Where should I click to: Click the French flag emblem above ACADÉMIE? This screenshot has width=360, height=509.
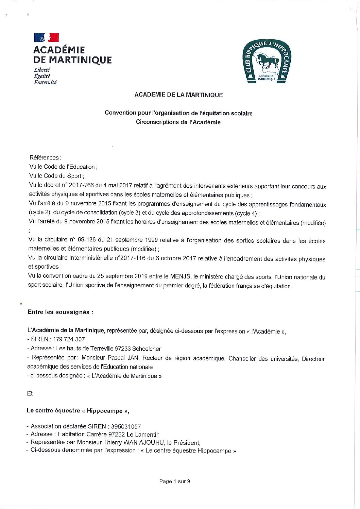pyautogui.click(x=46, y=37)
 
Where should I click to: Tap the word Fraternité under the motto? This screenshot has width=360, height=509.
pyautogui.click(x=45, y=82)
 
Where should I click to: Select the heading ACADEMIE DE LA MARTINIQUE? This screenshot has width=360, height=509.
pyautogui.click(x=178, y=95)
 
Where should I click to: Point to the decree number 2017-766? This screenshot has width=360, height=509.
pyautogui.click(x=80, y=186)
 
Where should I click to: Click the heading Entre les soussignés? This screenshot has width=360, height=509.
pyautogui.click(x=60, y=312)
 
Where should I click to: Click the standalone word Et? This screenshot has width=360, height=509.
pyautogui.click(x=30, y=393)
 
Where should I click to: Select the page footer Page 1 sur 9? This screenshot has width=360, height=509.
pyautogui.click(x=175, y=481)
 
